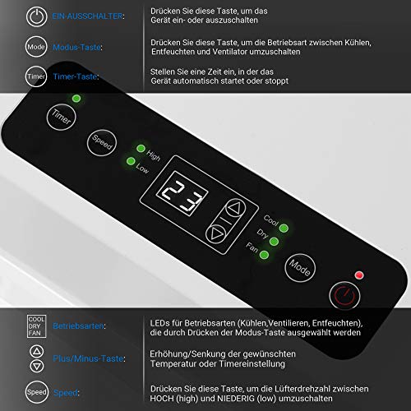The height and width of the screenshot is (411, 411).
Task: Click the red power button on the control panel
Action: click(x=344, y=296)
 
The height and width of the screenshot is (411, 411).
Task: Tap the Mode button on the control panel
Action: click(x=300, y=267)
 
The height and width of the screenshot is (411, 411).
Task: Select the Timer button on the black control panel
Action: click(x=61, y=117)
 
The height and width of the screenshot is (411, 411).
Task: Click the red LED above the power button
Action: click(x=359, y=275)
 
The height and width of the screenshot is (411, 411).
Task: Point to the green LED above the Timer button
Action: click(x=76, y=99)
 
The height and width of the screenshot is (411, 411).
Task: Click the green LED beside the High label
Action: click(x=141, y=149)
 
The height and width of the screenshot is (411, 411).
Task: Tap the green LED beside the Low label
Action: click(x=131, y=161)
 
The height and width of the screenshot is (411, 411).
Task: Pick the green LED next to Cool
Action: click(x=284, y=228)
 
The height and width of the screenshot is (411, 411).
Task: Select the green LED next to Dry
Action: click(x=274, y=242)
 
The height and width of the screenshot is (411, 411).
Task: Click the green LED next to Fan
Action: click(x=264, y=255)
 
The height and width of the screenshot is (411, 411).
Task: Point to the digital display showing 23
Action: click(x=182, y=194)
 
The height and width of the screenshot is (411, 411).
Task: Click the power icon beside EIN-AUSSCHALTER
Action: click(x=36, y=16)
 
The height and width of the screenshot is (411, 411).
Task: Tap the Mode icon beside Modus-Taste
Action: click(x=36, y=47)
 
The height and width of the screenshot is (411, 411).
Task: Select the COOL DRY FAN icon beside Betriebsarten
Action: click(x=36, y=326)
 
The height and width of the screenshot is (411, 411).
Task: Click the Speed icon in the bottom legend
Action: click(x=36, y=392)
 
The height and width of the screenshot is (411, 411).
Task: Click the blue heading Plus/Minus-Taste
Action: click(x=89, y=358)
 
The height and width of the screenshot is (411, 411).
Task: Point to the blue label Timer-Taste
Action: click(x=76, y=76)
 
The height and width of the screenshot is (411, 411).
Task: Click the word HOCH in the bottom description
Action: click(x=161, y=398)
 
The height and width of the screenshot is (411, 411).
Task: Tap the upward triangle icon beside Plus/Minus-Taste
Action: click(x=37, y=351)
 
